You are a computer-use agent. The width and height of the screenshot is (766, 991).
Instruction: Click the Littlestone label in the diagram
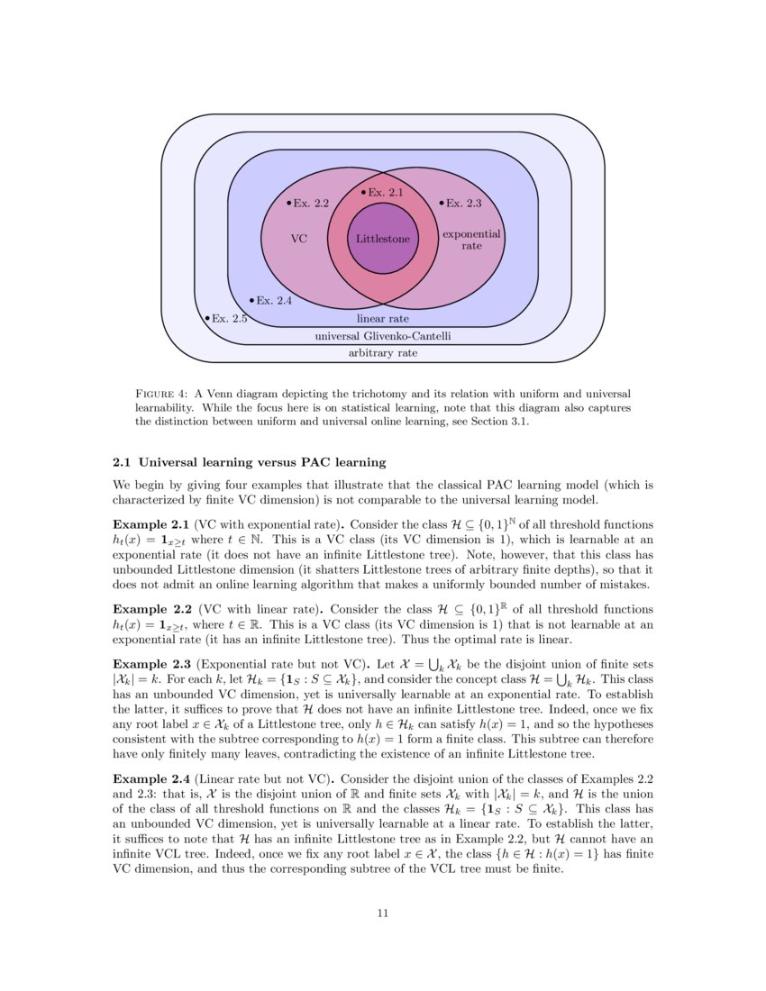pyautogui.click(x=382, y=239)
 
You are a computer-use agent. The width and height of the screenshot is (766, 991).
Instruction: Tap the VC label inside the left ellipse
pyautogui.click(x=299, y=239)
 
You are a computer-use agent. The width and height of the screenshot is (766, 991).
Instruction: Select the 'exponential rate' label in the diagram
pyautogui.click(x=471, y=239)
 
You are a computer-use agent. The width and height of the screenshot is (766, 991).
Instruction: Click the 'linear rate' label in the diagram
pyautogui.click(x=382, y=318)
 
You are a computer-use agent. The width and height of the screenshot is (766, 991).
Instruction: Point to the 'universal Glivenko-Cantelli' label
pyautogui.click(x=382, y=336)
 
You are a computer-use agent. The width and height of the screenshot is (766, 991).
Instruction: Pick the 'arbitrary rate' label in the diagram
pyautogui.click(x=382, y=353)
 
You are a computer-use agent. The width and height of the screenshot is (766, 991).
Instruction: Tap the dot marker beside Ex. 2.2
pyautogui.click(x=288, y=203)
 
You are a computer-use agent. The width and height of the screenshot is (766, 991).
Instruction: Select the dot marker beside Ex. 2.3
pyautogui.click(x=441, y=203)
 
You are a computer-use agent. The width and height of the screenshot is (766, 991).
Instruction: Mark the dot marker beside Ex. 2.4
pyautogui.click(x=251, y=300)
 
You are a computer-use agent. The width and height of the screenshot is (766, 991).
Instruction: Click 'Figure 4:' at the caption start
pyautogui.click(x=160, y=394)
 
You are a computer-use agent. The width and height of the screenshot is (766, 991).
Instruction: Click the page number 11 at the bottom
pyautogui.click(x=382, y=914)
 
